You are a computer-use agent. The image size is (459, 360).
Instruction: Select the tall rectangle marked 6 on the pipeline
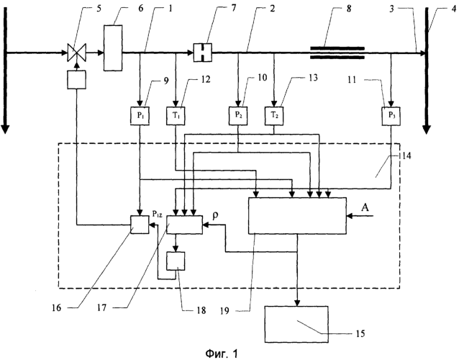pyautogui.click(x=112, y=53)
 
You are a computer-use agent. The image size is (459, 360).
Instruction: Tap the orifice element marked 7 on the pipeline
pyautogui.click(x=202, y=52)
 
